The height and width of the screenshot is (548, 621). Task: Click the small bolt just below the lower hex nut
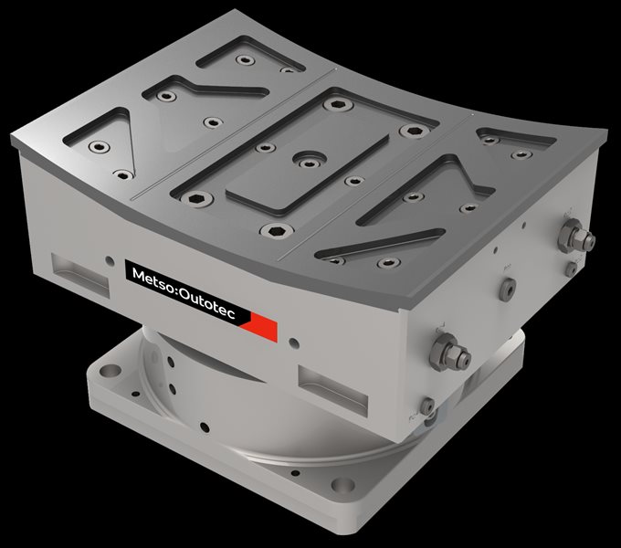pos(426,405)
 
